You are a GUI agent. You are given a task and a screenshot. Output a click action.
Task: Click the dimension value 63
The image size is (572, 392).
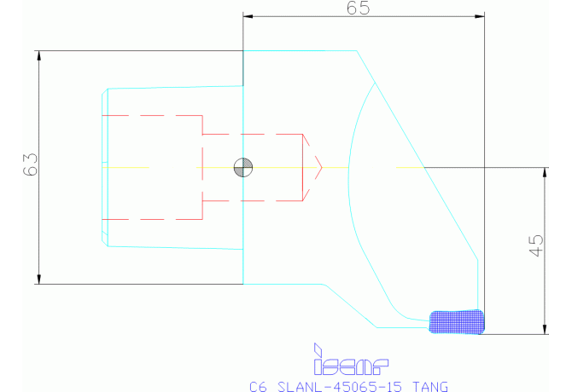[30, 164]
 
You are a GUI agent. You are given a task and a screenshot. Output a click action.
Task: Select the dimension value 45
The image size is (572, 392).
[535, 246]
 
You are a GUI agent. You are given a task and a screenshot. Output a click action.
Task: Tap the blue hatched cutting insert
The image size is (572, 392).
[456, 320]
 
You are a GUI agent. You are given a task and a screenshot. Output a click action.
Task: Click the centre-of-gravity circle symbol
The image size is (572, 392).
[243, 167]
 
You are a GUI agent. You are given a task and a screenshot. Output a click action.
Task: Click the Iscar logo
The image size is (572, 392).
[351, 367]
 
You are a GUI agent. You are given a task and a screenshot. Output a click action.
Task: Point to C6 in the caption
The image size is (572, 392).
[257, 386]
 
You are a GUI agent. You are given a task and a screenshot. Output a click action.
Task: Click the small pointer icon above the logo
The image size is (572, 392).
[317, 349]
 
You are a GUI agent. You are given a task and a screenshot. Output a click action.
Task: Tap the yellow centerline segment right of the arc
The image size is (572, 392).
[410, 167]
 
